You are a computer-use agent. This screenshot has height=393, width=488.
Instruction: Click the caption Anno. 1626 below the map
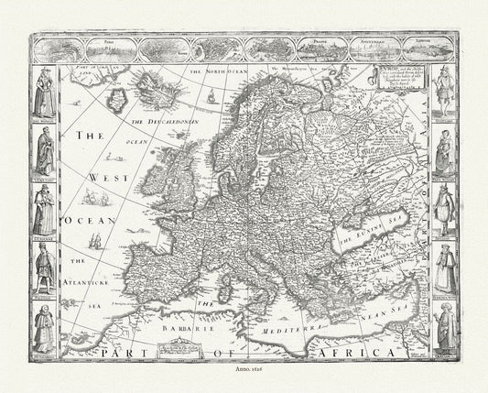click(244, 376)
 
